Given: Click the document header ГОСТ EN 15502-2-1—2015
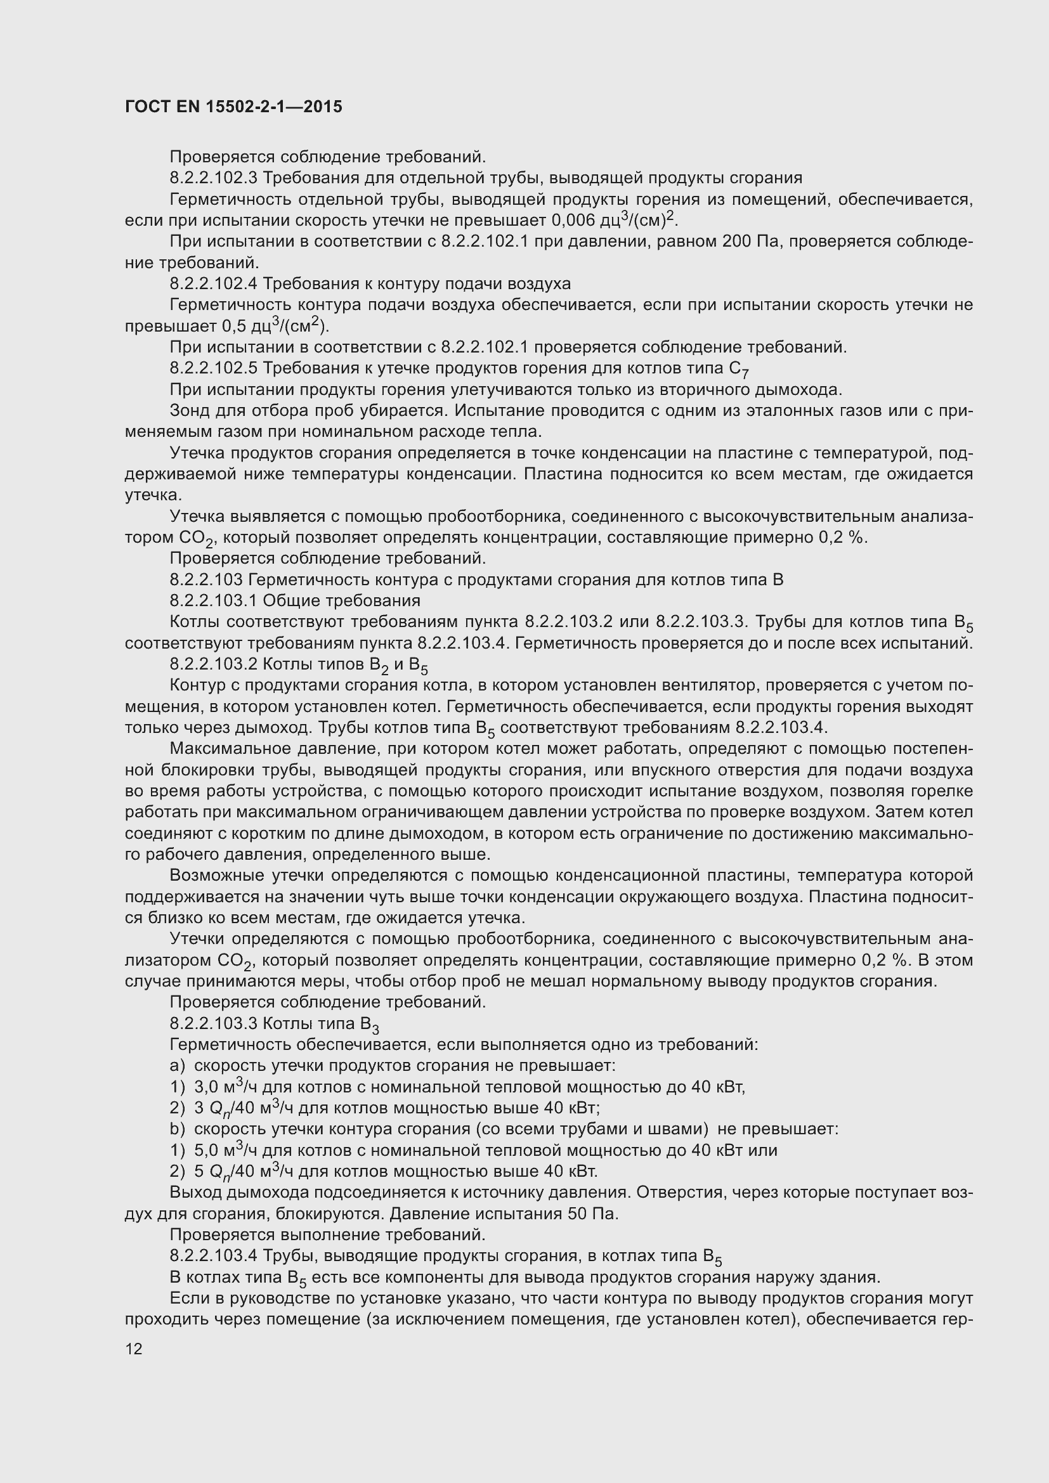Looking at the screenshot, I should pyautogui.click(x=233, y=107).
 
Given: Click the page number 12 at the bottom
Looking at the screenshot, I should pyautogui.click(x=134, y=1348).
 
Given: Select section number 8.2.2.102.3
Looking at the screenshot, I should pyautogui.click(x=213, y=178).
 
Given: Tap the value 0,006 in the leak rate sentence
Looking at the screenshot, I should pyautogui.click(x=573, y=221).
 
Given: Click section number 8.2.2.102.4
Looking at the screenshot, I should pyautogui.click(x=213, y=284).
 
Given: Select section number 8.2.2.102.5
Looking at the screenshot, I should pyautogui.click(x=213, y=369).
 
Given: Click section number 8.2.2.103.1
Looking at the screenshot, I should pyautogui.click(x=213, y=601).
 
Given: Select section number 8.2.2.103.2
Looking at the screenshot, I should pyautogui.click(x=213, y=664).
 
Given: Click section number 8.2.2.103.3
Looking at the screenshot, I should pyautogui.click(x=213, y=1024).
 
